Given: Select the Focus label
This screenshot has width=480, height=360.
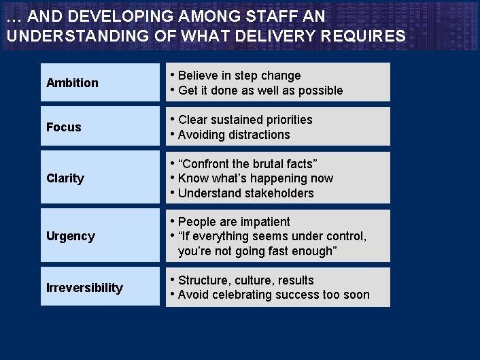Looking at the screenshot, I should [x=64, y=127].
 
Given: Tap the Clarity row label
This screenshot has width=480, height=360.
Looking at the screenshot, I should [x=65, y=178].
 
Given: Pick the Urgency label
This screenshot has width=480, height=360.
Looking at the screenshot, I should [x=71, y=236].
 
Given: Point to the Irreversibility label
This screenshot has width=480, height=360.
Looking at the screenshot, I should [x=84, y=288].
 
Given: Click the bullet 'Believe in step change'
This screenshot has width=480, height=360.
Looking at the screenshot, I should [x=239, y=76].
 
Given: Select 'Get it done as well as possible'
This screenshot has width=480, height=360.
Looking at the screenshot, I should [x=260, y=91].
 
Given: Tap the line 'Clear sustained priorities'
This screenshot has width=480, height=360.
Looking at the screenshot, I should [x=245, y=120].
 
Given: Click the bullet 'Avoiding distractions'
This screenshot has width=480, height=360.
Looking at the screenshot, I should [x=234, y=135].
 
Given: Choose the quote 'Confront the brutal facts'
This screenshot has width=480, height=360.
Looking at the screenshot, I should [x=247, y=164].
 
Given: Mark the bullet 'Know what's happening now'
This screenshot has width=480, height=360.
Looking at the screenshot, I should [x=256, y=178].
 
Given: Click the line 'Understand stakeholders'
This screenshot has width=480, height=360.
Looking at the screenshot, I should [x=245, y=193].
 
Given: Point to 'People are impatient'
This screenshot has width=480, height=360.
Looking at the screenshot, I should [x=234, y=222].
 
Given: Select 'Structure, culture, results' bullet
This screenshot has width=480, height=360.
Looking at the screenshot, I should [x=245, y=280].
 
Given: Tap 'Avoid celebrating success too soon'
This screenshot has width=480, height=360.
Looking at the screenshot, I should [x=273, y=295].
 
